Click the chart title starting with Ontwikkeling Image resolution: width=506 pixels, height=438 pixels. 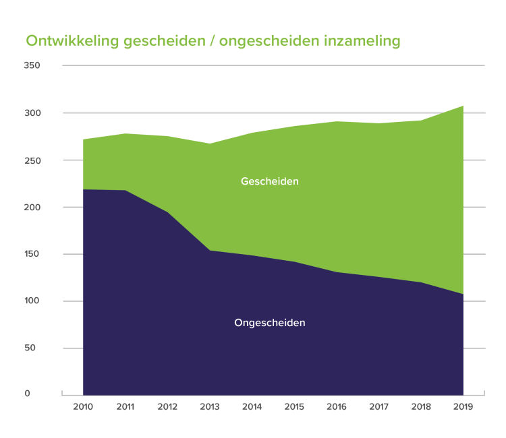[x=213, y=41]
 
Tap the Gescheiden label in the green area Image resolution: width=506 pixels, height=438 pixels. [x=269, y=181]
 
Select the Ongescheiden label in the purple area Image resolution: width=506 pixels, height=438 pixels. [x=269, y=323]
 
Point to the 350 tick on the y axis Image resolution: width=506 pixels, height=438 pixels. [x=32, y=65]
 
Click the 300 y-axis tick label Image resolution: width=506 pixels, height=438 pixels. [x=32, y=113]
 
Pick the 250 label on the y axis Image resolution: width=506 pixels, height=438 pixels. [x=32, y=160]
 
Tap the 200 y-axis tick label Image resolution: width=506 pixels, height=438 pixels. [x=32, y=207]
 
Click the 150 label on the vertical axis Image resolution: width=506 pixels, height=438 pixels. [x=32, y=254]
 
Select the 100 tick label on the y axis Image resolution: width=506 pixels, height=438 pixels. [x=32, y=301]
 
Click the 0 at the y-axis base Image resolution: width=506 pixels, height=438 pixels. [x=28, y=393]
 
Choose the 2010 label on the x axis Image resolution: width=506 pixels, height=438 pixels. [x=82, y=407]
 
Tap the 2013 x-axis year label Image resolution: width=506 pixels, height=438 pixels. [x=209, y=407]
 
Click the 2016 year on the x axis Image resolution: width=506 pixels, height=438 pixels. [x=337, y=407]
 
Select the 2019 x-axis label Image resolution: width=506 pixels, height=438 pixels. [x=463, y=407]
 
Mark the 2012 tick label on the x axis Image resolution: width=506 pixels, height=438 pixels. [x=167, y=407]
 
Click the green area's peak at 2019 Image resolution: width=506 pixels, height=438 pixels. [x=463, y=106]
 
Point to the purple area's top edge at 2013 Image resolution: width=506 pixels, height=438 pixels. [x=210, y=251]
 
